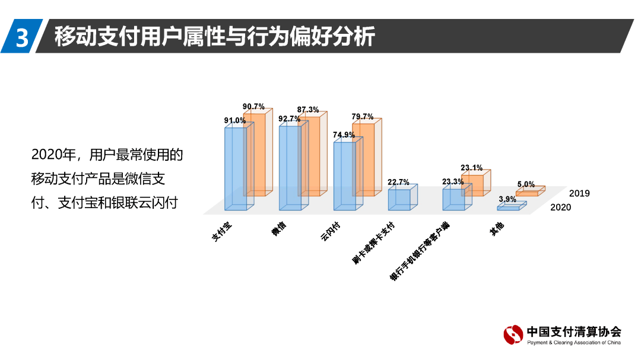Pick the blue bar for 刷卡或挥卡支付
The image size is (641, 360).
coord(399,199)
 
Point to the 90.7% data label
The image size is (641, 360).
coord(253,107)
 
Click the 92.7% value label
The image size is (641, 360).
coord(290,119)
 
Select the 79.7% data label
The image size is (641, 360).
coord(362,116)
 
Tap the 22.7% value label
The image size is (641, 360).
coord(398,182)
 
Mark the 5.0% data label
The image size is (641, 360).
coord(525,184)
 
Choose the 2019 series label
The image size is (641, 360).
coord(579,193)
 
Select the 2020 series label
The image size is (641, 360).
coord(561,207)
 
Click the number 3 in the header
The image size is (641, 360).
coord(22,37)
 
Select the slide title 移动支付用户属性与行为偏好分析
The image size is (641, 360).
coord(214,37)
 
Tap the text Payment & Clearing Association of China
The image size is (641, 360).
coord(574,343)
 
